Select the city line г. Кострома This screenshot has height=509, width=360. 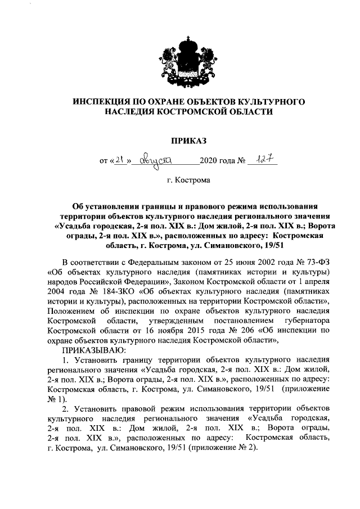coord(188,181)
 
